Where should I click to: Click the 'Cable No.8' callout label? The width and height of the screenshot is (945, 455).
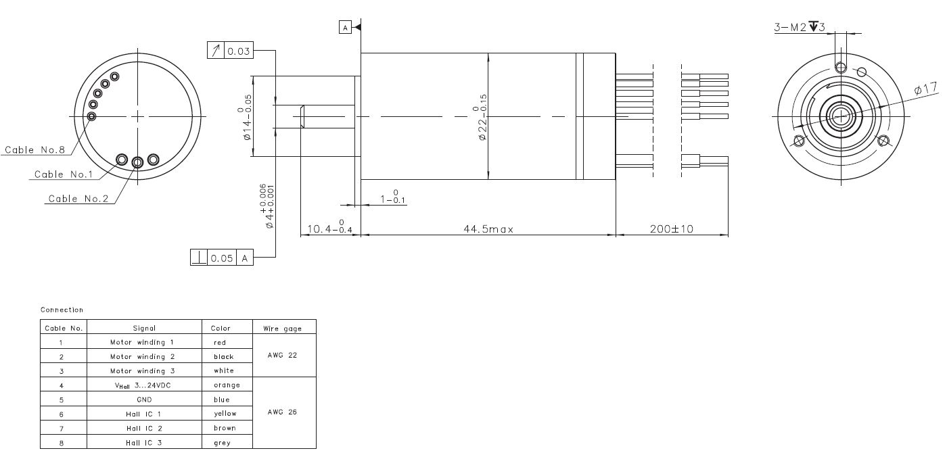34,149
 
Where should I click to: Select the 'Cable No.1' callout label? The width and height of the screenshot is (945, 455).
64,174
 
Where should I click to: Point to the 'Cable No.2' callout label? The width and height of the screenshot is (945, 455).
78,199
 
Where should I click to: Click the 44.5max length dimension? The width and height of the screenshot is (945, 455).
488,229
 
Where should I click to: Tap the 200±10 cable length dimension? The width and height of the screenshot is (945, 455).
672,229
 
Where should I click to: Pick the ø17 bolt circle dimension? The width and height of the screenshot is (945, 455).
925,89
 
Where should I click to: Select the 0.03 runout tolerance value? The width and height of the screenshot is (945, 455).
239,51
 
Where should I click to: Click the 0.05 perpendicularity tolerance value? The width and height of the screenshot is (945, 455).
221,258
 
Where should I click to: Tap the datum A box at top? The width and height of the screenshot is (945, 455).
345,28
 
